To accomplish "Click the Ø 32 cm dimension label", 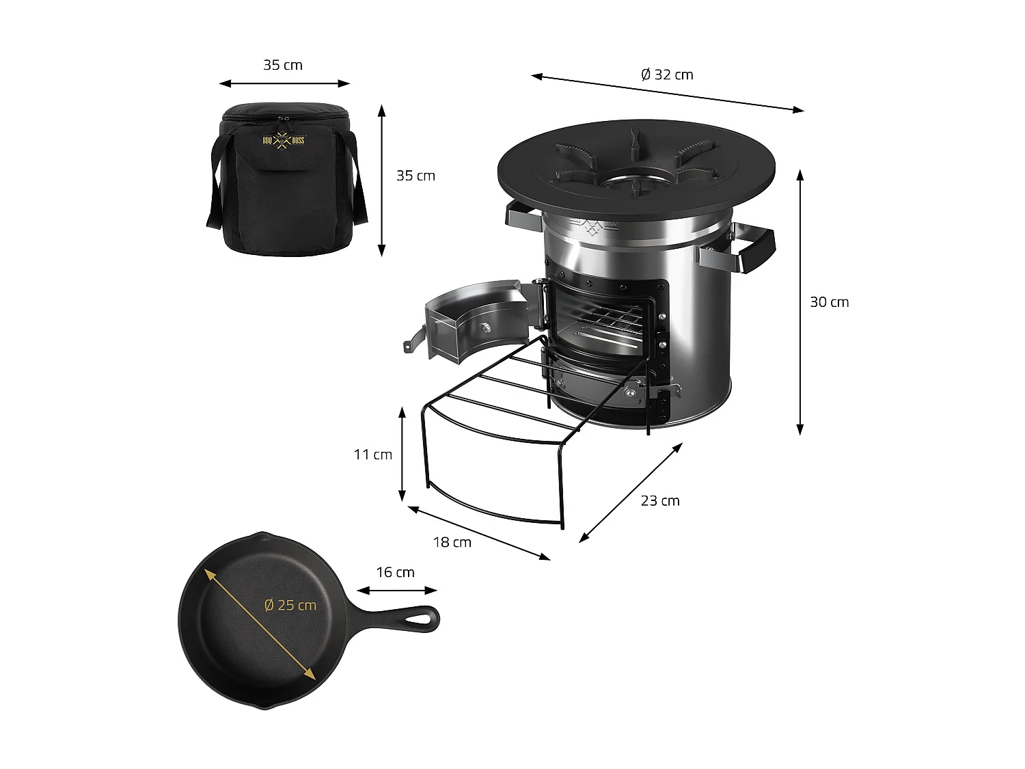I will (667, 75).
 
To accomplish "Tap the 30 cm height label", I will (829, 302).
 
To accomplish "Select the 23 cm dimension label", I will (660, 501).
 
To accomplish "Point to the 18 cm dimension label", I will (452, 542).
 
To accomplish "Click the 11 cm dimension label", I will (373, 455).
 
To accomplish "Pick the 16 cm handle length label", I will (395, 572).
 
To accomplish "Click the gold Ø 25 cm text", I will (290, 605).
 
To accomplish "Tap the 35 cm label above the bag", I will (283, 65).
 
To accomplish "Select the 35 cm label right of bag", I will (415, 176).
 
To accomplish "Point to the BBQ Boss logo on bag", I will (284, 141).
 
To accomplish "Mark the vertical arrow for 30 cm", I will (800, 302).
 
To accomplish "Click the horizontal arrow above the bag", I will (284, 83).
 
